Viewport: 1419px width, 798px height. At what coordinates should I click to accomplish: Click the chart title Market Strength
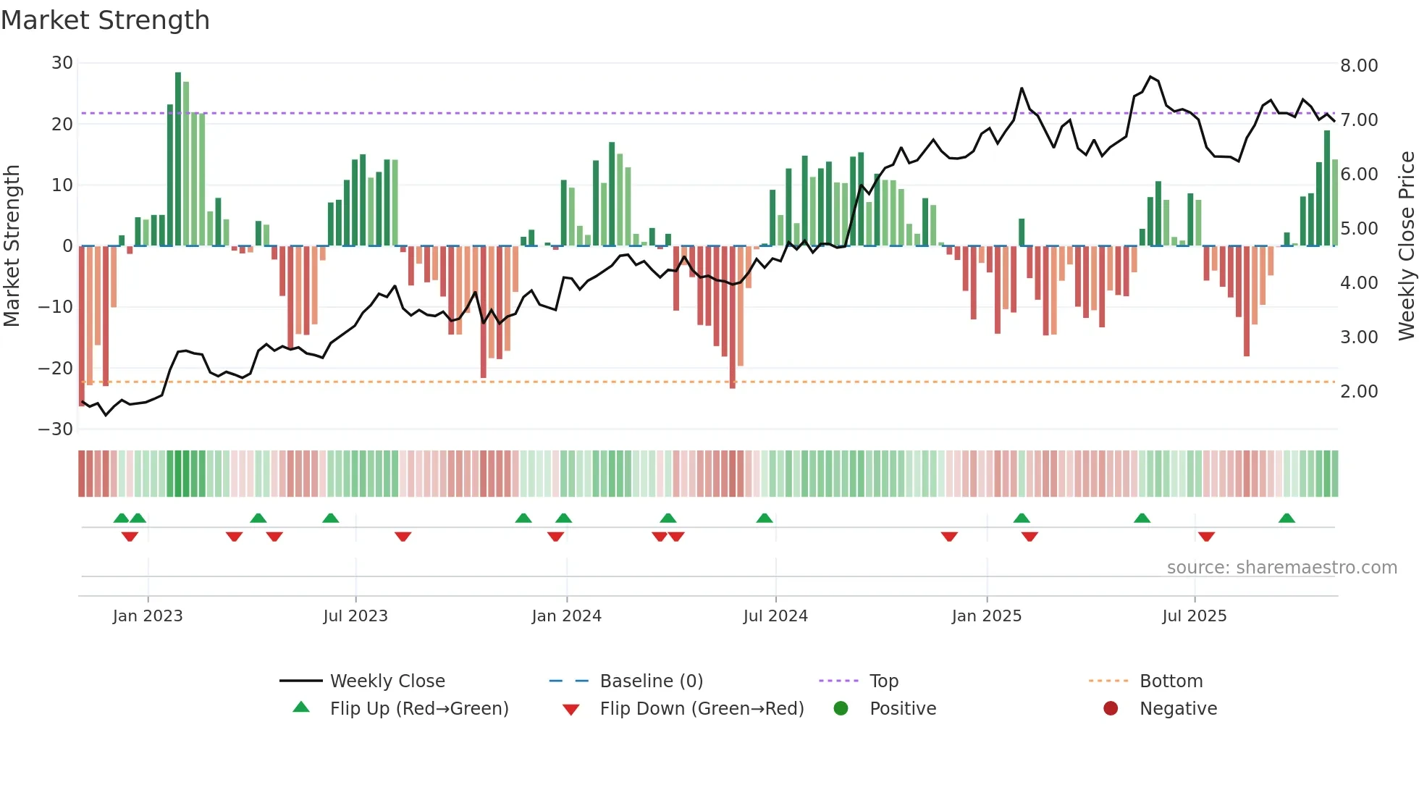click(x=105, y=20)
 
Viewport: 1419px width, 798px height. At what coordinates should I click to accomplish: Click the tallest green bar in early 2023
click(x=178, y=159)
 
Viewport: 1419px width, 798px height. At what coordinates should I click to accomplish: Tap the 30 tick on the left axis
click(x=62, y=63)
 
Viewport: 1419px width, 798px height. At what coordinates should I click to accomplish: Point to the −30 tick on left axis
click(x=56, y=429)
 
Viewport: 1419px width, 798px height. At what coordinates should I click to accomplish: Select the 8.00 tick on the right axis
click(x=1359, y=66)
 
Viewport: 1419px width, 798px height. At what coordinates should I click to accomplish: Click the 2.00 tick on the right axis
click(x=1359, y=392)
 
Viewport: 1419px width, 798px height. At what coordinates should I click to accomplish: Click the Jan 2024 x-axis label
click(x=566, y=616)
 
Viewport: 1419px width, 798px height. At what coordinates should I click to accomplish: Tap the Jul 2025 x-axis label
click(x=1194, y=616)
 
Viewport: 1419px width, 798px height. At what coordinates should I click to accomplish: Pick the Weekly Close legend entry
click(x=387, y=681)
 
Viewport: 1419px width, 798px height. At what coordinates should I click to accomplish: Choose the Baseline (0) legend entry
click(x=651, y=681)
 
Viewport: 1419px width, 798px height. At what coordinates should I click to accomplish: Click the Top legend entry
click(x=883, y=681)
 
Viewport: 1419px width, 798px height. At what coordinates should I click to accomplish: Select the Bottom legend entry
click(x=1171, y=681)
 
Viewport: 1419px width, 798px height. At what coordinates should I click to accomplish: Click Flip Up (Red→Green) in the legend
click(x=418, y=709)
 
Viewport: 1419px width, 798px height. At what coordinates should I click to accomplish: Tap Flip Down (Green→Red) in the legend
click(x=702, y=709)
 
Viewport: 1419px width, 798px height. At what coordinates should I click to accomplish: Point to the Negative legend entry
click(x=1178, y=709)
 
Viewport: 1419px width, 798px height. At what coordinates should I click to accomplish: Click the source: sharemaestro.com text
click(x=1281, y=568)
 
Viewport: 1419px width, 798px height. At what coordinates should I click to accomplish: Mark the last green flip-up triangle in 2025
click(x=1287, y=518)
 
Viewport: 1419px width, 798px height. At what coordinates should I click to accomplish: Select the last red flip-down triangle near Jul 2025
click(x=1206, y=537)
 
